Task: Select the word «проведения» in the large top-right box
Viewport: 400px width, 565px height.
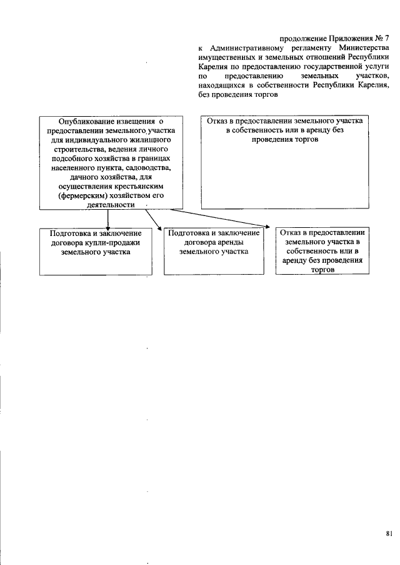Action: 272,140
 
